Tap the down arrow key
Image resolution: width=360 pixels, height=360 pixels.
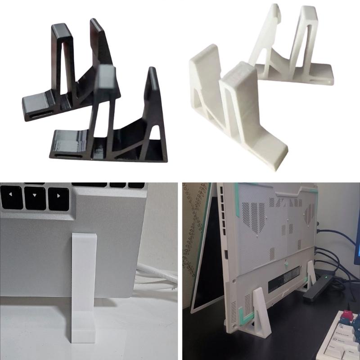tap(35, 198)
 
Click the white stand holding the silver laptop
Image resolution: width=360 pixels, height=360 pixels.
tap(84, 288)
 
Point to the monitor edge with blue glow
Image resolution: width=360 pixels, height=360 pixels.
tap(357, 243)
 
